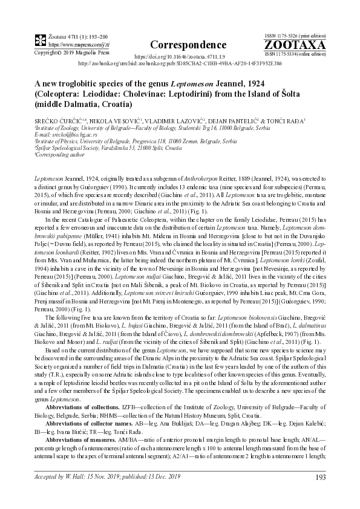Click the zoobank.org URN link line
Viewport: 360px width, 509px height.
[x=180, y=63]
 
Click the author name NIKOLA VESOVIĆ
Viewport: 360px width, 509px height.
[x=100, y=122]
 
